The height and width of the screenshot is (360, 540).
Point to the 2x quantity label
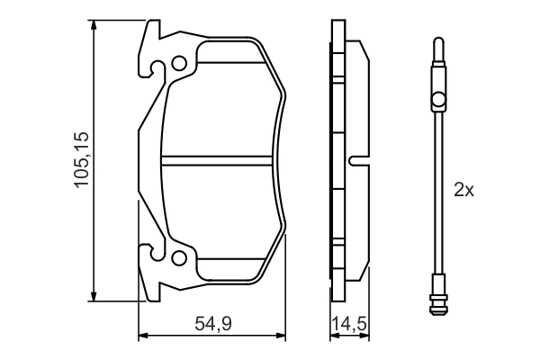coord(463,190)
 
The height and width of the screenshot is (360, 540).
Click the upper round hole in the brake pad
coord(179,64)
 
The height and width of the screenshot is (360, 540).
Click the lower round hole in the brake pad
coord(179,260)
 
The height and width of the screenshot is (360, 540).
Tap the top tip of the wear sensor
coord(437,41)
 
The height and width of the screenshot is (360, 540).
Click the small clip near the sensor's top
coord(437,98)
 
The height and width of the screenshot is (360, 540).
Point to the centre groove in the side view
coord(358,162)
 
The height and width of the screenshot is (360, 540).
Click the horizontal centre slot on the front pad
coord(218,162)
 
